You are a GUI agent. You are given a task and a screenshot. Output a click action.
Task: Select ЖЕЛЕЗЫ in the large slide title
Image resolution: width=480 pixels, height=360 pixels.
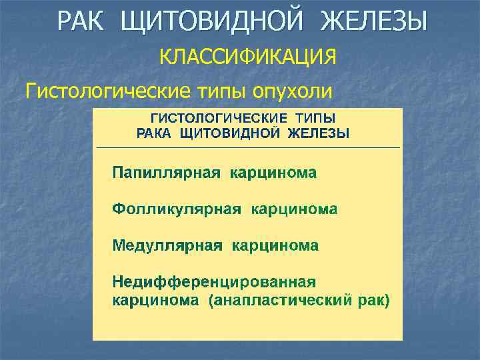click(374, 22)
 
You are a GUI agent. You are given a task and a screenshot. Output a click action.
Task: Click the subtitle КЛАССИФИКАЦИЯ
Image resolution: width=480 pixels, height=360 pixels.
click(247, 58)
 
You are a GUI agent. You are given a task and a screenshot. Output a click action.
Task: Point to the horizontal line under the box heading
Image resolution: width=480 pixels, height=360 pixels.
click(248, 147)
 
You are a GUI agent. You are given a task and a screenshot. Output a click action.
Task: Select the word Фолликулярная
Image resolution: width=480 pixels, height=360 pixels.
click(176, 209)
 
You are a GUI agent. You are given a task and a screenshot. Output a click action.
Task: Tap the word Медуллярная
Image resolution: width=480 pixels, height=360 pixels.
click(167, 245)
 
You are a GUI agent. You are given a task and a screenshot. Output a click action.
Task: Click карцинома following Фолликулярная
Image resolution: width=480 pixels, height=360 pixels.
click(294, 209)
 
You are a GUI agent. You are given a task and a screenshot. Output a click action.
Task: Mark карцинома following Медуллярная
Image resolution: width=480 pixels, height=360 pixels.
click(275, 245)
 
